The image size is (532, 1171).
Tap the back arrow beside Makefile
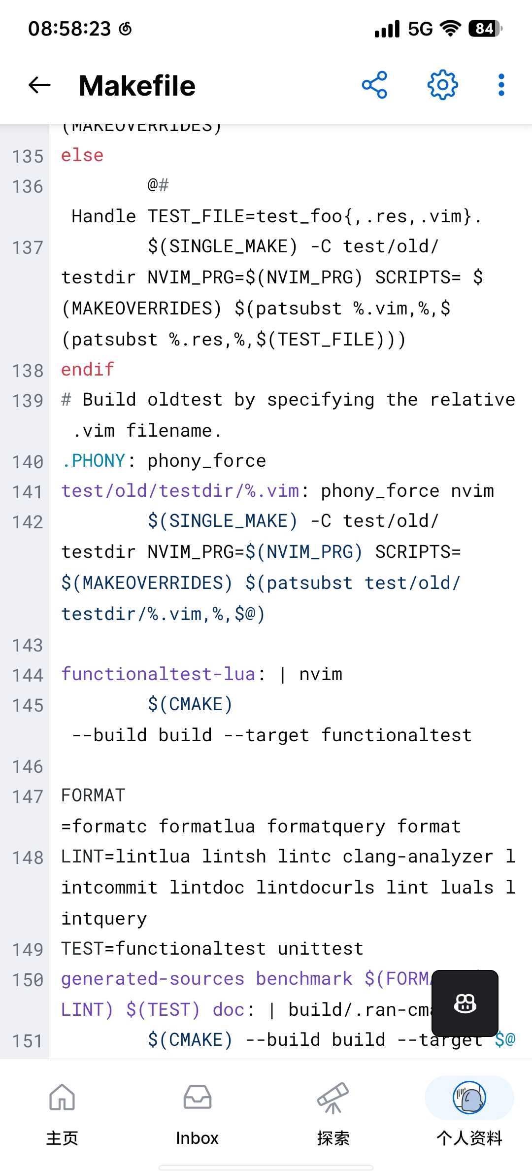39,85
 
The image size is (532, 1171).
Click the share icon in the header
374,85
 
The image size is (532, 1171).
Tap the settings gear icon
442,85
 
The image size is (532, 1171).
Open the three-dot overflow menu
501,85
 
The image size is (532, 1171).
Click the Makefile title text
137,86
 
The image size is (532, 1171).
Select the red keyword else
82,155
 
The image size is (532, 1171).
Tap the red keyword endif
88,369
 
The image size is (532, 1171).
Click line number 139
28,401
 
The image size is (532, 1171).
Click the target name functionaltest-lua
158,674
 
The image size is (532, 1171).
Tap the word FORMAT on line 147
93,795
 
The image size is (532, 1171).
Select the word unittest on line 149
321,949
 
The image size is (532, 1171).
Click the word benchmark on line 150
304,979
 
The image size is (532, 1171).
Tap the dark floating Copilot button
465,1003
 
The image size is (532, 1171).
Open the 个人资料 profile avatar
469,1098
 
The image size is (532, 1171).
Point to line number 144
28,675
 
